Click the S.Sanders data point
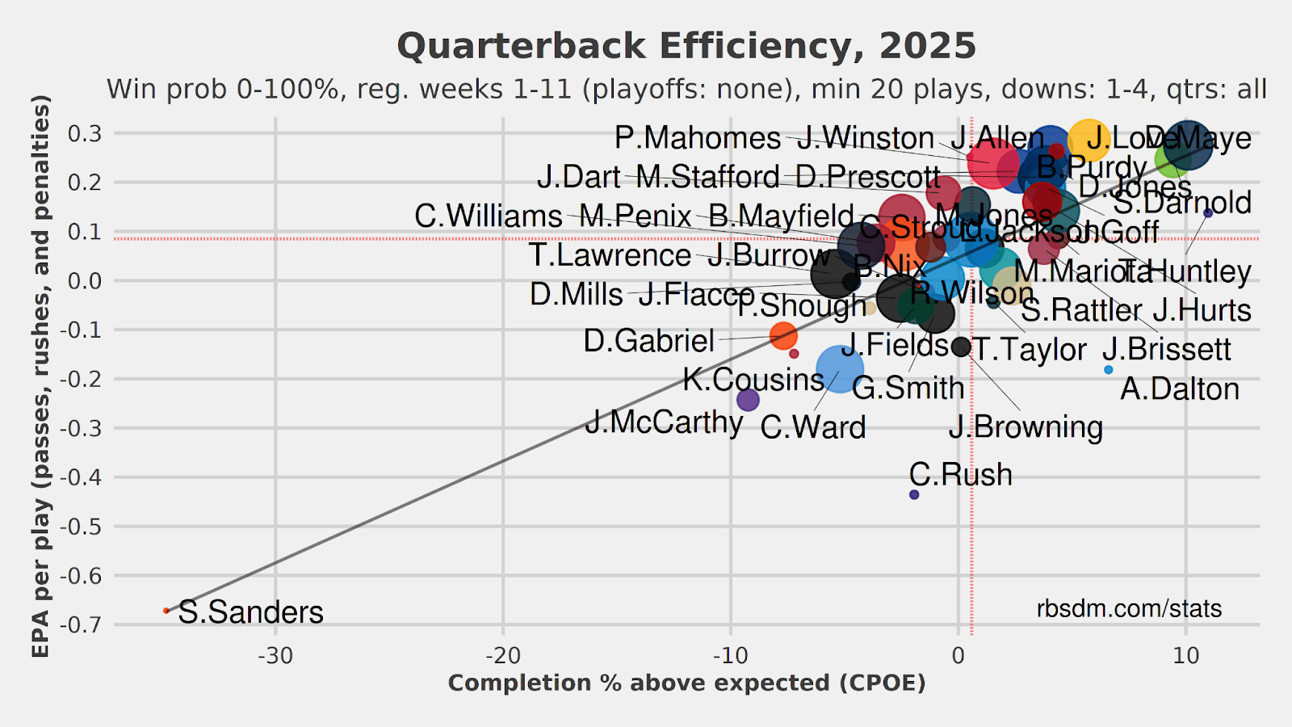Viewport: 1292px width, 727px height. click(x=166, y=611)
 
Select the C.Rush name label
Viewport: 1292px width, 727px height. click(x=960, y=474)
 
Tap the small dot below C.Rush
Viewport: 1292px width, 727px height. click(x=914, y=494)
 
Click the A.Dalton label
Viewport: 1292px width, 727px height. click(x=1180, y=389)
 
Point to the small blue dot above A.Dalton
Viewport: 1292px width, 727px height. click(x=1108, y=370)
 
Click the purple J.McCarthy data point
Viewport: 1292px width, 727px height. click(x=748, y=399)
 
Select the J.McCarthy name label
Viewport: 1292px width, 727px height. click(x=664, y=422)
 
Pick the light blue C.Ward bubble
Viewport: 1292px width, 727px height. click(x=840, y=369)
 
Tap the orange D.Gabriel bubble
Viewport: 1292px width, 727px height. click(x=783, y=335)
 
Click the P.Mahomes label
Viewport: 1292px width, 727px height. click(x=698, y=138)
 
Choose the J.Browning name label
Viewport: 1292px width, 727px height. click(x=1026, y=427)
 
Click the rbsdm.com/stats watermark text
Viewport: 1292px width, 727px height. click(x=1129, y=608)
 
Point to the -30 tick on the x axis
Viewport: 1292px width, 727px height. click(x=275, y=655)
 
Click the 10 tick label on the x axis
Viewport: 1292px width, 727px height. click(x=1185, y=655)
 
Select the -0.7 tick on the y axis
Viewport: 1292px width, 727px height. click(x=84, y=624)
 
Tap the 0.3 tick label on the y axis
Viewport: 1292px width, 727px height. click(x=86, y=133)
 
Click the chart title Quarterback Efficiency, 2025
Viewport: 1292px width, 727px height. click(x=686, y=46)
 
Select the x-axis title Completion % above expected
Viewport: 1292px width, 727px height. click(x=686, y=683)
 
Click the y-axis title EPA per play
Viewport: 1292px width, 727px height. click(x=41, y=376)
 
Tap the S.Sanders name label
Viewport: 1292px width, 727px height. click(x=250, y=612)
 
